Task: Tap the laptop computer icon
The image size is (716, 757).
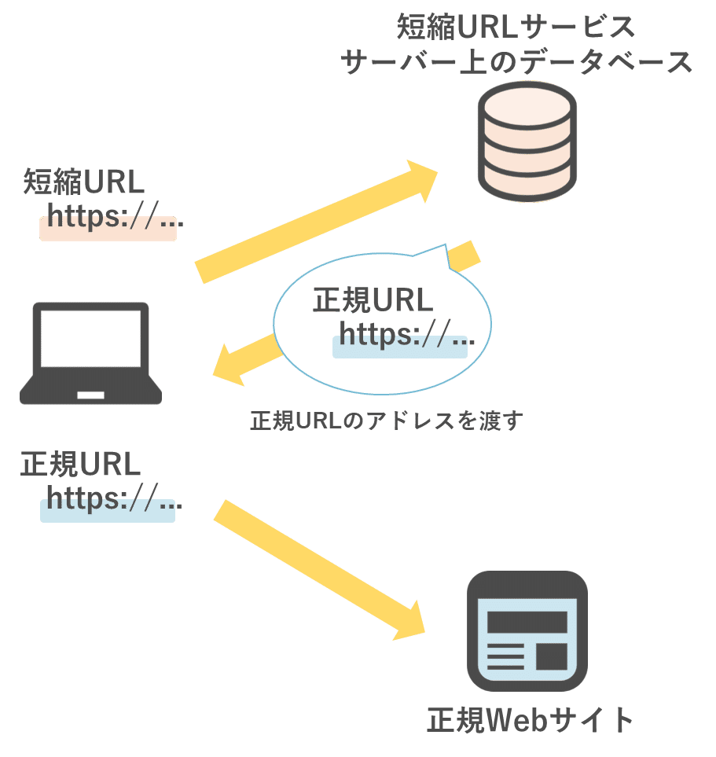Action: pos(90,353)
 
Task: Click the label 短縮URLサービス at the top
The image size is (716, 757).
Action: pos(516,28)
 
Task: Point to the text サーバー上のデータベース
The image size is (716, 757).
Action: pos(517,62)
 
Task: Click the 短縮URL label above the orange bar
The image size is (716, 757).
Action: pos(84,182)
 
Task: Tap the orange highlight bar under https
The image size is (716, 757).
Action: pos(108,229)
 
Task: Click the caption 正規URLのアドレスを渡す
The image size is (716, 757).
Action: pos(386,421)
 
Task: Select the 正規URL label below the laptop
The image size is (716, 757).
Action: pos(80,465)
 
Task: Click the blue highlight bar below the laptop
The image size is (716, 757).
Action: pos(108,511)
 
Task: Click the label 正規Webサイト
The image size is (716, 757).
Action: pos(530,720)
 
